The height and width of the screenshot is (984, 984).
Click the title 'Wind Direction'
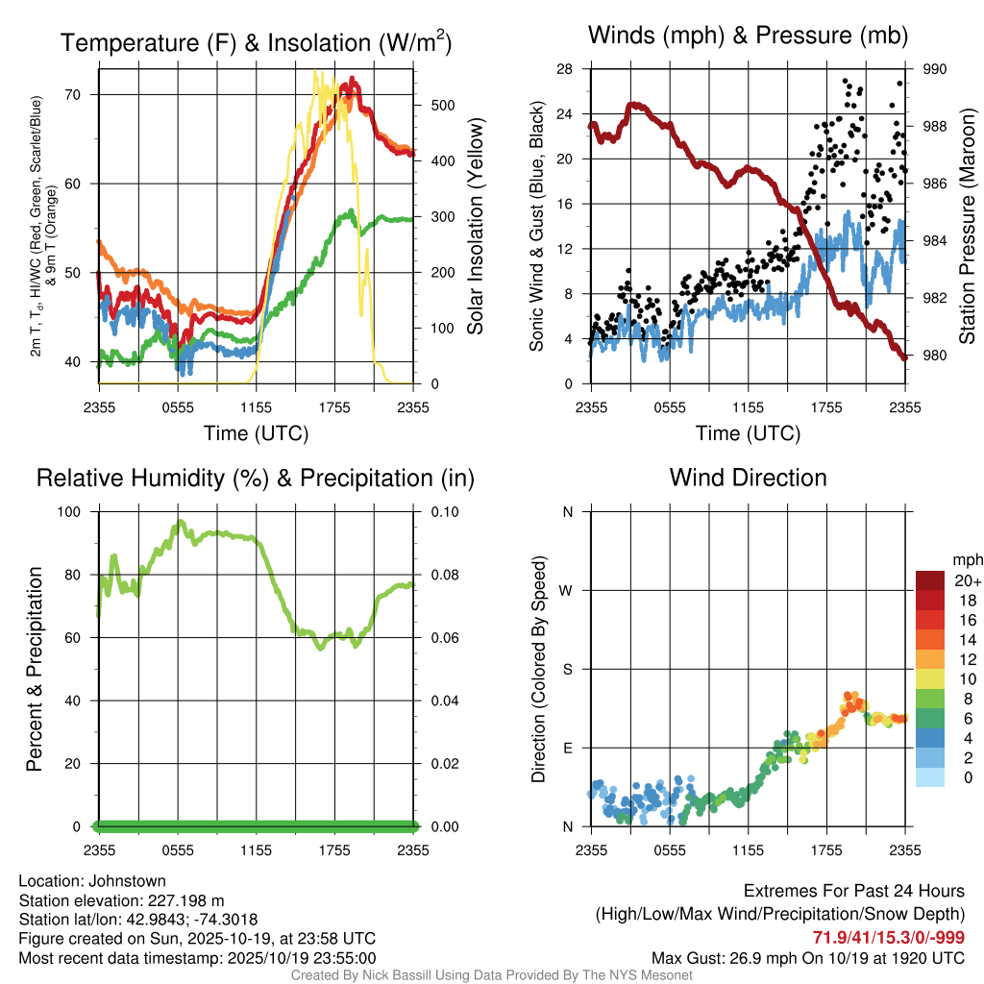click(748, 478)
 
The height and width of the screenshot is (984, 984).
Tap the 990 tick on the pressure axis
click(935, 69)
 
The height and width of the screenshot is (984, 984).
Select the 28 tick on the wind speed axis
click(565, 69)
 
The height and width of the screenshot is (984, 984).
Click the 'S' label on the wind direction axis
click(568, 669)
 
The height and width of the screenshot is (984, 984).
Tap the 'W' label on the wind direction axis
click(567, 590)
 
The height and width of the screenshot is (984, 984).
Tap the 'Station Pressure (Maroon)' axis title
click(968, 227)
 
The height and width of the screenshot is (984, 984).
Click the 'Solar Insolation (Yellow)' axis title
click(476, 227)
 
